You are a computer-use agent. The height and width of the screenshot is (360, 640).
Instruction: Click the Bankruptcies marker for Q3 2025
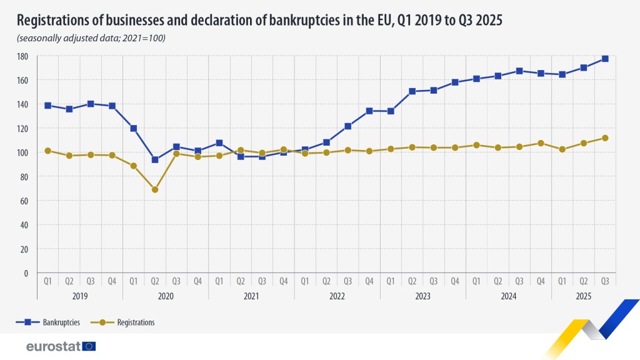[605, 59]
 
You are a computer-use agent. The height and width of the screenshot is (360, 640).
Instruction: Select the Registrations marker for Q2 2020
[155, 189]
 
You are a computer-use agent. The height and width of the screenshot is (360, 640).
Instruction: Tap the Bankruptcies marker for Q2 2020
[155, 159]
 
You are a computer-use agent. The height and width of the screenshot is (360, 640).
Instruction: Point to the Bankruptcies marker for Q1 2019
[47, 106]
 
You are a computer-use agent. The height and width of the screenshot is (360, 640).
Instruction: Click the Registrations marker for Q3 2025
[605, 138]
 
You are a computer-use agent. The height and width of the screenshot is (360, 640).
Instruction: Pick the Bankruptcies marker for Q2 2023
[412, 91]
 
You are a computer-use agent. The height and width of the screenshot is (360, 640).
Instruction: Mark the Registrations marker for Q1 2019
[47, 151]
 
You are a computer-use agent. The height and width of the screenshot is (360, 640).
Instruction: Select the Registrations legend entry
[125, 322]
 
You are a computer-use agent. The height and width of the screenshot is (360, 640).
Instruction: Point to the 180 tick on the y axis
[22, 56]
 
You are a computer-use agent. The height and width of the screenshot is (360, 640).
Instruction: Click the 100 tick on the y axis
[22, 152]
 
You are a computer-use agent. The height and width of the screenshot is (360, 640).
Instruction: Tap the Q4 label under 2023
[454, 281]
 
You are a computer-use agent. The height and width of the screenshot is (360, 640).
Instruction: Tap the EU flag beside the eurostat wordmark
[89, 346]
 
